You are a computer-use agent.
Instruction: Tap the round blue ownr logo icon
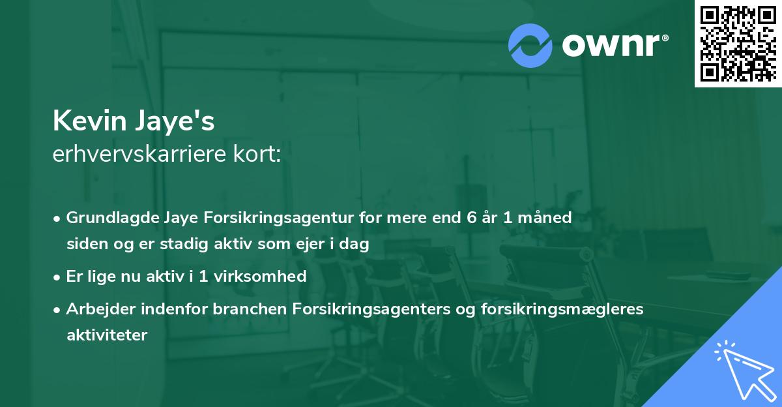[x=531, y=46]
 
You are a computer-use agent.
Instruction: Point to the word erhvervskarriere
[x=139, y=155]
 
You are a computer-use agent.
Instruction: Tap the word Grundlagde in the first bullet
[x=106, y=218]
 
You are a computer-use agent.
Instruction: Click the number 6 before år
[x=471, y=218]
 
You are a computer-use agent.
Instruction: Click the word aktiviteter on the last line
[x=107, y=335]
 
